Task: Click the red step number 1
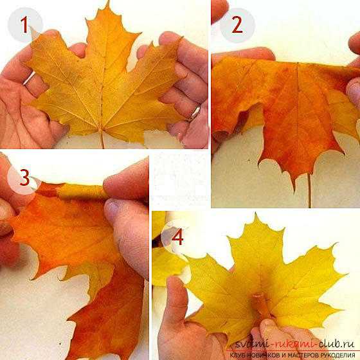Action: pyautogui.click(x=24, y=25)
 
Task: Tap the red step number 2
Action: pyautogui.click(x=237, y=25)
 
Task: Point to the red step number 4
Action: pyautogui.click(x=177, y=237)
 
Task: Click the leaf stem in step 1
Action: pyautogui.click(x=102, y=139)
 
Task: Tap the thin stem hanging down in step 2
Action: pyautogui.click(x=309, y=190)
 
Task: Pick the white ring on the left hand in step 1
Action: pyautogui.click(x=30, y=78)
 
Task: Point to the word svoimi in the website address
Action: pyautogui.click(x=252, y=344)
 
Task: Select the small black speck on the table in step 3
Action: pyautogui.click(x=60, y=344)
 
